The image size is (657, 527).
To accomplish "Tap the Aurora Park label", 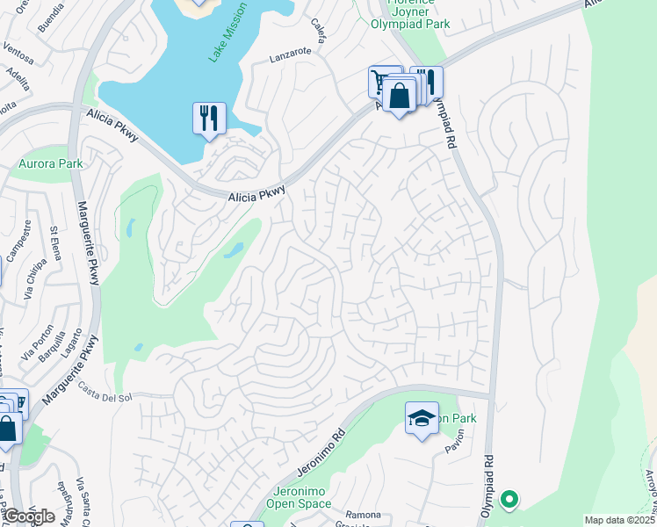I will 49,163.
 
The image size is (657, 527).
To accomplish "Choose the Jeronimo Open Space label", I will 291,497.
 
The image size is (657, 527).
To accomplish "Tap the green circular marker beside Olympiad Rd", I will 508,500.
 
